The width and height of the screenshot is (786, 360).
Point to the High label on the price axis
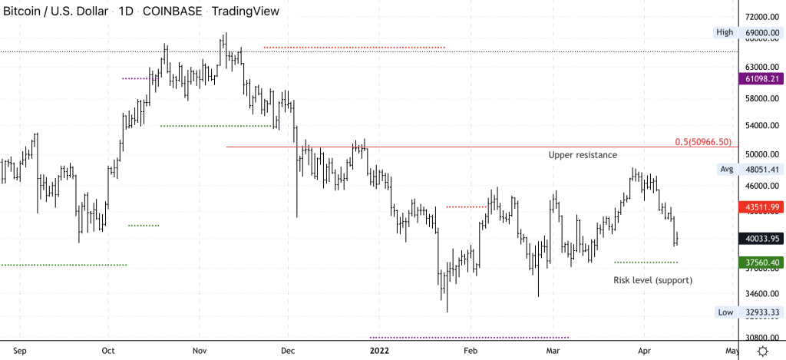point(725,32)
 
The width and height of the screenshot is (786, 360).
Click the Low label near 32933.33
point(725,312)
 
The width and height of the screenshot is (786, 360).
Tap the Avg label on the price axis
point(727,169)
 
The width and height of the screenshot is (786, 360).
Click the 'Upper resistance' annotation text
point(583,155)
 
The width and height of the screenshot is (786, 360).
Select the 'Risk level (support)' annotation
point(652,280)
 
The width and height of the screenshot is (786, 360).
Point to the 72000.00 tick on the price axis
point(761,17)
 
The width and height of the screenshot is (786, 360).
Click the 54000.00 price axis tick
point(761,126)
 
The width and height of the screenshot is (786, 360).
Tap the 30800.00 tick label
point(761,338)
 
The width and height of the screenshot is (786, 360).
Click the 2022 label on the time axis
point(380,351)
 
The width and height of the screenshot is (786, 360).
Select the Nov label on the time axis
point(200,351)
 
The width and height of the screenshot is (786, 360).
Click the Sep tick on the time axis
point(21,351)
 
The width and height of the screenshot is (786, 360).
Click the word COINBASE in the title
point(173,12)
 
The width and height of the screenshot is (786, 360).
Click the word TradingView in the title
point(245,12)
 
